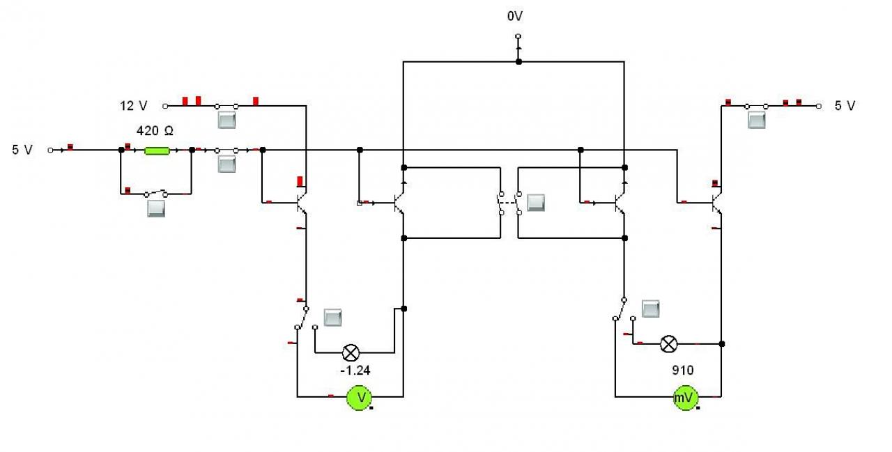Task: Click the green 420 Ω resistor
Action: coord(157,150)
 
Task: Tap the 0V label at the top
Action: coord(515,16)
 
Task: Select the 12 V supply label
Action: coord(134,106)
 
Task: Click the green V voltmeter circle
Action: coord(359,397)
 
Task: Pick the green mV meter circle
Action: coord(685,397)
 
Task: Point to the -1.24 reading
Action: coord(355,371)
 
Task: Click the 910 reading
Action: coord(682,371)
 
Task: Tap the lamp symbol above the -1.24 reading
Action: coord(351,352)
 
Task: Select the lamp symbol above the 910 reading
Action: coord(668,344)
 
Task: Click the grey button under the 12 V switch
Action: coord(226,120)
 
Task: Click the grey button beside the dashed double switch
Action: coord(536,203)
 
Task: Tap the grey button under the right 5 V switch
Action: coord(756,120)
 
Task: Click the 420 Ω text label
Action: coord(155,131)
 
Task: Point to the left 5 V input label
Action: coord(22,150)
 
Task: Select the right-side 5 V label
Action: coord(845,106)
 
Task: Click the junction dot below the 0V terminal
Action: coord(518,62)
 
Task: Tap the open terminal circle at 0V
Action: coord(518,36)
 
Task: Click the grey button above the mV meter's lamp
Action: coord(651,309)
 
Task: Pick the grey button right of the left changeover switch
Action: coord(332,318)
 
